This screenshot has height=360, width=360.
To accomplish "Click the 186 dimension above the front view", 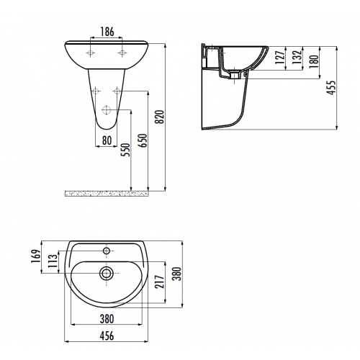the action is (x=107, y=32).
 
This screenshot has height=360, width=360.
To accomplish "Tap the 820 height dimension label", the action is (x=160, y=117).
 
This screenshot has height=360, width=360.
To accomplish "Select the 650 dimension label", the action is (x=143, y=140).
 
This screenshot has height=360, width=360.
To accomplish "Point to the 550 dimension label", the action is (x=125, y=150).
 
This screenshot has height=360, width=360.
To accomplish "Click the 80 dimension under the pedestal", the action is (x=107, y=140).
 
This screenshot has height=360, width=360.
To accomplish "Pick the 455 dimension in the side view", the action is (x=331, y=88).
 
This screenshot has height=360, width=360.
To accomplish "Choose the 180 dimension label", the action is (x=314, y=61).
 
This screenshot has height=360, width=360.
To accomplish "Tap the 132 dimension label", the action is (x=297, y=57).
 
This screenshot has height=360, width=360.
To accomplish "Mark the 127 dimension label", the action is (x=280, y=57).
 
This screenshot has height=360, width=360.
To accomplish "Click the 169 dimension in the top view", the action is (x=36, y=256).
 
